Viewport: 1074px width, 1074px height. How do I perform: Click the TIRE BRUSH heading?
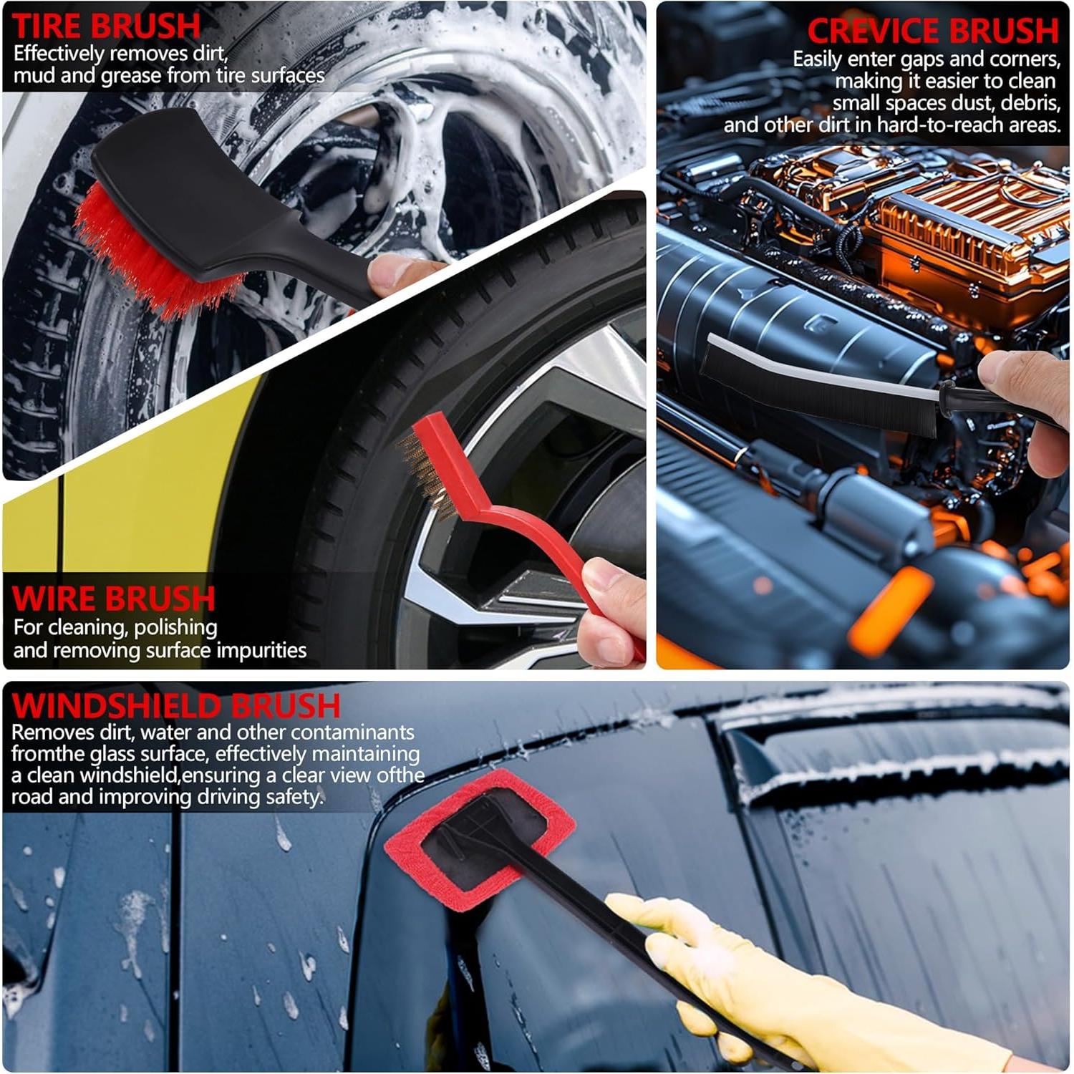coord(106,26)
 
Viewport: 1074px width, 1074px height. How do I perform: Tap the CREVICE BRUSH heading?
coord(932,31)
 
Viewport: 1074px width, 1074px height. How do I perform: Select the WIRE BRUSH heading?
coord(113,598)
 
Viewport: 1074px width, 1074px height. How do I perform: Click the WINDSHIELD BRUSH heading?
coord(176,705)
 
